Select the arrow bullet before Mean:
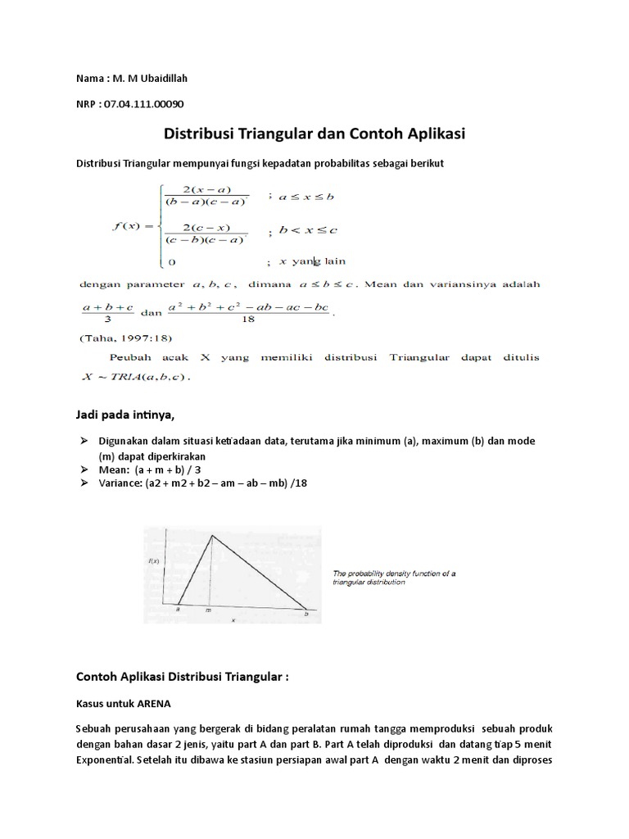pos(84,470)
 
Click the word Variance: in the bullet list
pos(122,483)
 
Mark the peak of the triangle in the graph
pos(212,536)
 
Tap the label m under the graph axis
pos(208,611)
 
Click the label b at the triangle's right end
pos(306,613)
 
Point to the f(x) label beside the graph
pos(153,561)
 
